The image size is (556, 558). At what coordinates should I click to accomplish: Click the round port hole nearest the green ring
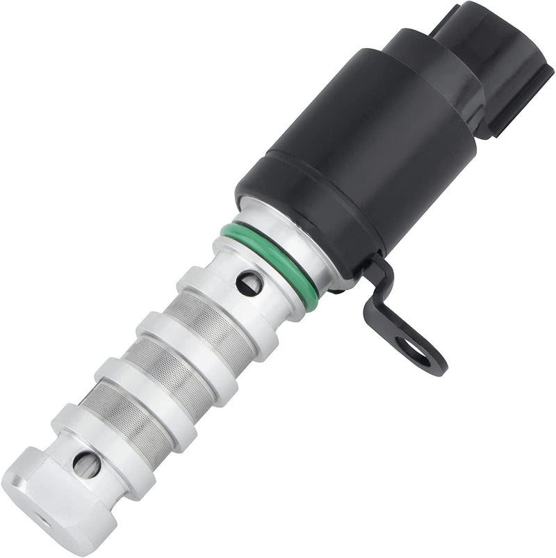pyautogui.click(x=248, y=282)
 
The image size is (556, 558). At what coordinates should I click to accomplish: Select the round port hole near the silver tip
pyautogui.click(x=87, y=463)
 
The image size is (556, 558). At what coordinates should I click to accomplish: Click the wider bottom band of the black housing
pyautogui.click(x=292, y=209)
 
